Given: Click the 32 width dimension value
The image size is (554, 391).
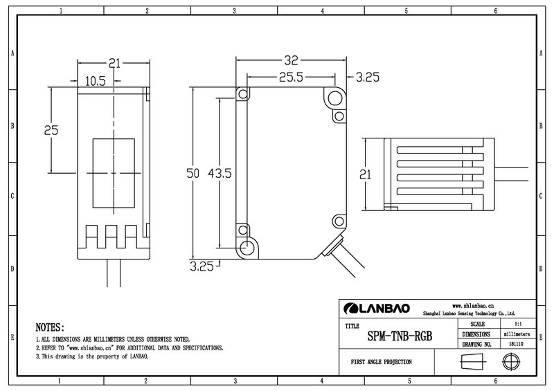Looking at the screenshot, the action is [x=291, y=61].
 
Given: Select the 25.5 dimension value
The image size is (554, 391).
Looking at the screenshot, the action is [x=291, y=77].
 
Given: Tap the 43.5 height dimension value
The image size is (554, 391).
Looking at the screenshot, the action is [x=220, y=173].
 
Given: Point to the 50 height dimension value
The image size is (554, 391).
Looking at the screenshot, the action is [x=193, y=173].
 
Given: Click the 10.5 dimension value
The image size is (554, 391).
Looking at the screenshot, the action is [x=96, y=82].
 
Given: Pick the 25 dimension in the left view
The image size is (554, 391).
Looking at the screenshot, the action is [x=51, y=130].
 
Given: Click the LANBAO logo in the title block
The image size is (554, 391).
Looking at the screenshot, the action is [x=377, y=309].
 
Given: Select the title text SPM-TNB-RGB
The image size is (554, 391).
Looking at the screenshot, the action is [x=400, y=336].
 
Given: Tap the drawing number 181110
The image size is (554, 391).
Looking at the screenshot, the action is [x=516, y=344].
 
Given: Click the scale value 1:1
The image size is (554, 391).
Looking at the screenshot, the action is [x=518, y=324].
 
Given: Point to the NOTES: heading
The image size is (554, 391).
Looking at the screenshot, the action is [x=50, y=327].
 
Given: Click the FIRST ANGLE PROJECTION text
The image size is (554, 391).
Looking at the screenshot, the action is [x=382, y=362].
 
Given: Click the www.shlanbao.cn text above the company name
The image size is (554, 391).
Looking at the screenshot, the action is [x=473, y=306].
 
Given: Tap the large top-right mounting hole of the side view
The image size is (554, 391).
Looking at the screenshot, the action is [x=334, y=98].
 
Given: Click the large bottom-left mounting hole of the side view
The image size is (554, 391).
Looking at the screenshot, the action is [x=247, y=248].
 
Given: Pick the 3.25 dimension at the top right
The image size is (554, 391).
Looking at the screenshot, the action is [x=368, y=77].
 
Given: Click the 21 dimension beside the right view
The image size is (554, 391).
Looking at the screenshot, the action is [x=366, y=174].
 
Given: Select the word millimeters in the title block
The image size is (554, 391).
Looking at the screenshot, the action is [x=517, y=334].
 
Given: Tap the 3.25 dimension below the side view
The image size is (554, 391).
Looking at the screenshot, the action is [x=202, y=266].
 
